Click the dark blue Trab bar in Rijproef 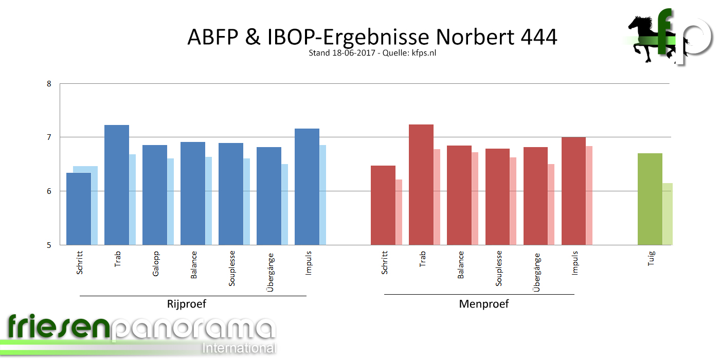point(117,185)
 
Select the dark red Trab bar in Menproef point(421,185)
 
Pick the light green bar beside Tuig point(668,214)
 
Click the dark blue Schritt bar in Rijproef point(79,209)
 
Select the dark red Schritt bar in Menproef point(383,205)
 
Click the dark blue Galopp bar point(155,195)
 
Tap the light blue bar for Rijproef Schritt point(95,206)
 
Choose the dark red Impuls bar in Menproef point(573,191)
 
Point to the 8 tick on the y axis point(49,83)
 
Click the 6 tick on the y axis point(49,191)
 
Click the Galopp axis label point(156,264)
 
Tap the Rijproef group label point(186,304)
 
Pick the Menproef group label point(483,304)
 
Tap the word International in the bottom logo point(239,348)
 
